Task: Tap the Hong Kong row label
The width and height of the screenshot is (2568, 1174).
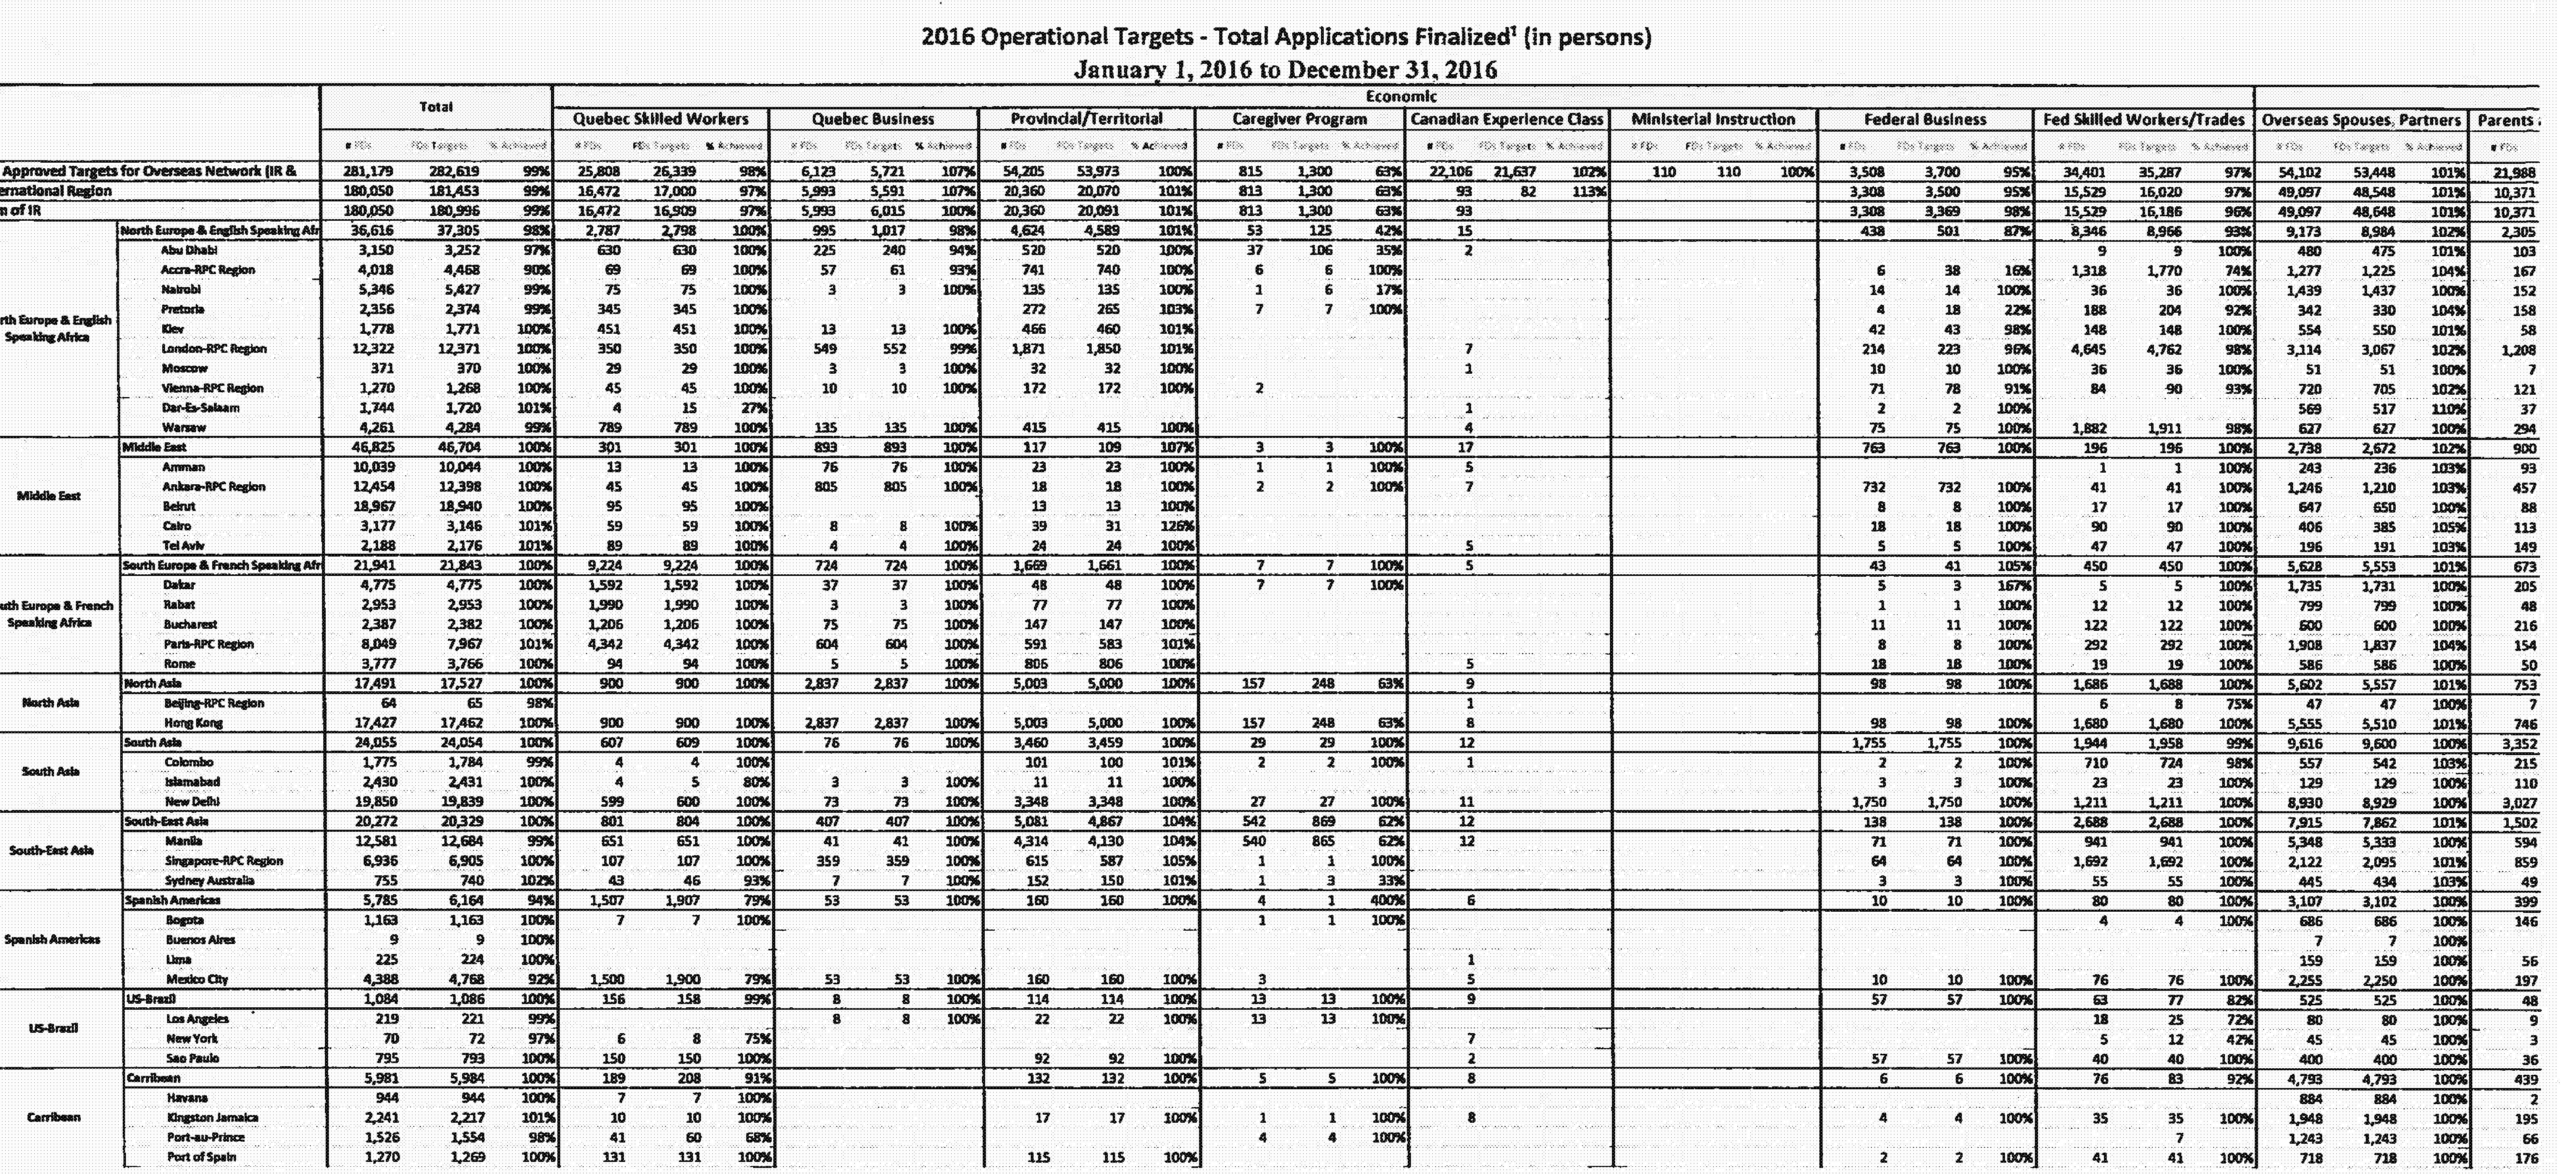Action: pyautogui.click(x=193, y=722)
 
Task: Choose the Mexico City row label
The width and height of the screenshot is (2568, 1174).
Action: pyautogui.click(x=197, y=979)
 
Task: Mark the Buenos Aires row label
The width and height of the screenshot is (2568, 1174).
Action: pyautogui.click(x=200, y=940)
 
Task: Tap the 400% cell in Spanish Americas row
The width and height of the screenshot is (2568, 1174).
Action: pyautogui.click(x=1381, y=900)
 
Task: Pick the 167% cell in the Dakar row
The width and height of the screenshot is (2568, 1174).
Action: pyautogui.click(x=2013, y=585)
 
